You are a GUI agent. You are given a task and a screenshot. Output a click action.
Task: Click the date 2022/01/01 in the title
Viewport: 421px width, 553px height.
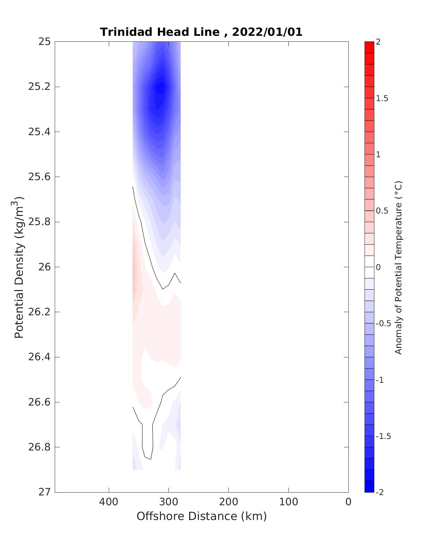tap(267, 32)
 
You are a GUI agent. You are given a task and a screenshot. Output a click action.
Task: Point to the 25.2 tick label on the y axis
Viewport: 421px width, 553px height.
tap(39, 87)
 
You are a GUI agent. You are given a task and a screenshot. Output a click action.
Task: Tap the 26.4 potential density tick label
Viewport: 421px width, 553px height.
tap(39, 357)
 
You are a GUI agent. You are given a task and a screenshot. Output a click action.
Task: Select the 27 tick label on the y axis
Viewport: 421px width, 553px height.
tap(45, 492)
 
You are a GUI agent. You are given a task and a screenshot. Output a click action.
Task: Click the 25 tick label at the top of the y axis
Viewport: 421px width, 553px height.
tap(45, 42)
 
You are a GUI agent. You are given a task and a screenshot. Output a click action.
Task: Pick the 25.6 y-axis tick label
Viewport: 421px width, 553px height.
tap(39, 177)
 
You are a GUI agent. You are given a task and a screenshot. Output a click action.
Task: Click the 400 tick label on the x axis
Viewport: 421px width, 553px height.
tap(109, 502)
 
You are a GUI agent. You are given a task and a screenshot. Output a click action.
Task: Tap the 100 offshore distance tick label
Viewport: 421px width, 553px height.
tap(288, 502)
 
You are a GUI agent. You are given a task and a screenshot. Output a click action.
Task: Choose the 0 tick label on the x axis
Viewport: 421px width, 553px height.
tap(348, 502)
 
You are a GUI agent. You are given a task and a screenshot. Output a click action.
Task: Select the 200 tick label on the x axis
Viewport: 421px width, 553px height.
tap(228, 502)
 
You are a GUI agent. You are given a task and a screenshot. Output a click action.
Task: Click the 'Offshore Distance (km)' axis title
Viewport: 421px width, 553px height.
tap(201, 516)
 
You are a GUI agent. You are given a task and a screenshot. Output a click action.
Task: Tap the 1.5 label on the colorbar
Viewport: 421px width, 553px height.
tap(382, 99)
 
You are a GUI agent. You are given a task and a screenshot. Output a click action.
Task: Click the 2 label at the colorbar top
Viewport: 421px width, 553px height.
tap(378, 42)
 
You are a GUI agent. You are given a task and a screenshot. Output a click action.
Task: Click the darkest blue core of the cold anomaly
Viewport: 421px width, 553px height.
tap(161, 88)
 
